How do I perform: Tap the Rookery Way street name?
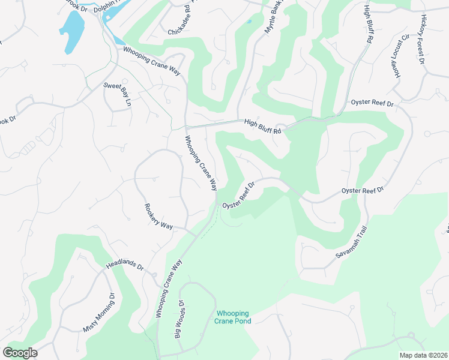pos(158,217)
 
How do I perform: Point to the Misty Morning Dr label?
pos(99,313)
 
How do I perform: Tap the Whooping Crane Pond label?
pos(232,317)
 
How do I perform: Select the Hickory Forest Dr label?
pos(422,40)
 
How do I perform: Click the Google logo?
pos(20,353)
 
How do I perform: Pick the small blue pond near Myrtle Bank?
pos(249,22)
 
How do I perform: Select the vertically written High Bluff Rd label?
pos(368,23)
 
